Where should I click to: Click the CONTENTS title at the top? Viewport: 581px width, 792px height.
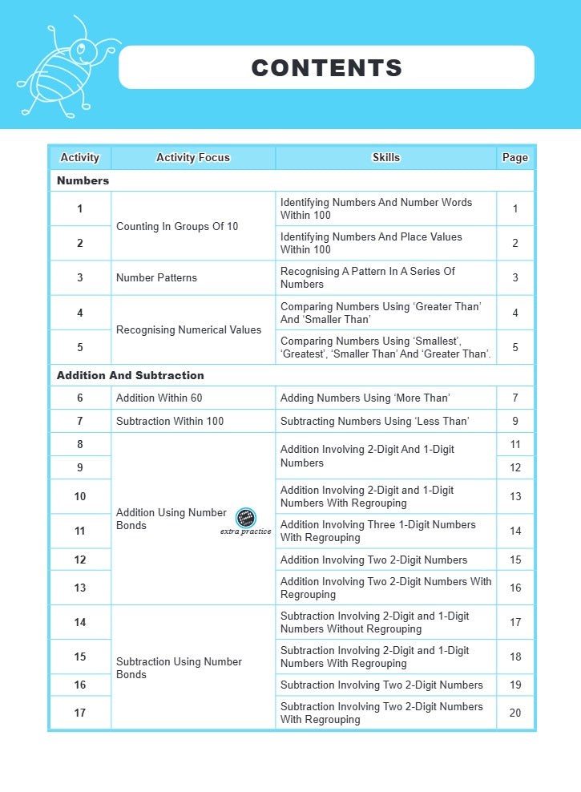click(x=327, y=68)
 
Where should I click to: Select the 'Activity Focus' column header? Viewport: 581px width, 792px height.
click(x=193, y=158)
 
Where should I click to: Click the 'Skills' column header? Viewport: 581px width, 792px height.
click(x=386, y=158)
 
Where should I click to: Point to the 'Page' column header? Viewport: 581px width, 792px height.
click(x=515, y=158)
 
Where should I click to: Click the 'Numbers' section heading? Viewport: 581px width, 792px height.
click(x=83, y=181)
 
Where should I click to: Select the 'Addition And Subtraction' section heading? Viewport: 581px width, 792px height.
click(x=131, y=375)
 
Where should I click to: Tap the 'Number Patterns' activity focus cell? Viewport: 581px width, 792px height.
click(x=156, y=278)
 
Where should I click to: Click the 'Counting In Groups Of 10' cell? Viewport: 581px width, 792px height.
click(x=177, y=227)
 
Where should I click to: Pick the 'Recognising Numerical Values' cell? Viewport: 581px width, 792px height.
click(x=188, y=330)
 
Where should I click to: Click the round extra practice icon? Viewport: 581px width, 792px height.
click(x=246, y=517)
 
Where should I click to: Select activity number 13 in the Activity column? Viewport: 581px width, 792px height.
click(x=80, y=588)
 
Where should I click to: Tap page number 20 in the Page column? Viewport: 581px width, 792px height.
click(x=515, y=713)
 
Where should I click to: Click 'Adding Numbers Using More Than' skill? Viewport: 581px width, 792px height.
click(x=365, y=398)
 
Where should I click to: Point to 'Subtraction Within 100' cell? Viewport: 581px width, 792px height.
click(x=170, y=422)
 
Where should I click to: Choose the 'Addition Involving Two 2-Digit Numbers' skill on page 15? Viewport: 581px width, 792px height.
click(x=373, y=560)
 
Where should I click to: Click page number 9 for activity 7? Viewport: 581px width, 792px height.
click(x=515, y=422)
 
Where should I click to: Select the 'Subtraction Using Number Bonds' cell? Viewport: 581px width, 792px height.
click(x=179, y=668)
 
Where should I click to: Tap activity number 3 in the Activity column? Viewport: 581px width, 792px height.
click(x=80, y=278)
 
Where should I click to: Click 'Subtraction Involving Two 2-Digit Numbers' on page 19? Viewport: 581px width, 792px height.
click(x=381, y=685)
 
